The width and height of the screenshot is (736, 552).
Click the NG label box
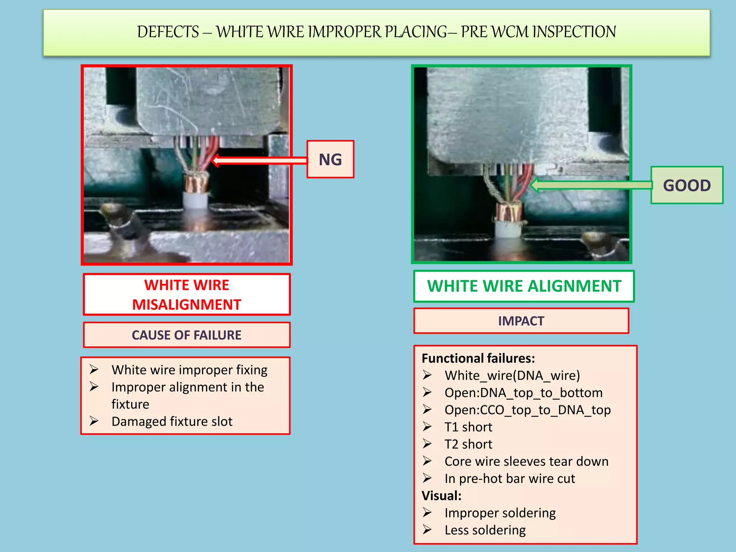pos(330,159)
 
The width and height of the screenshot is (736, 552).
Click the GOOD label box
pos(686,185)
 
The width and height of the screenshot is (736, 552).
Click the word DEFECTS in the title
pos(168,32)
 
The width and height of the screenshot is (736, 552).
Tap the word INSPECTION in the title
pos(574,32)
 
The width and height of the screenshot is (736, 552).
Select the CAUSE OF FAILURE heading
pos(187,335)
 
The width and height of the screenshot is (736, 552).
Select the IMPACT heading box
pos(521,321)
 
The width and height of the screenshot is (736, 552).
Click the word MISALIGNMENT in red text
pos(187,305)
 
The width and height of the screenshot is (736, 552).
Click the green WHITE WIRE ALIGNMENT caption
pos(524,286)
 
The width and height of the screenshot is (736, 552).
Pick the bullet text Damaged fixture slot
pos(172,422)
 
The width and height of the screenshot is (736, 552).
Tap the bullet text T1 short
pos(468,427)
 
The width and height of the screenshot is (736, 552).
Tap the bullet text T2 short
pos(468,445)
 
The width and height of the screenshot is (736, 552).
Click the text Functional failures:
pos(478,359)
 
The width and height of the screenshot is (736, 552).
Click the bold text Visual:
pos(441,496)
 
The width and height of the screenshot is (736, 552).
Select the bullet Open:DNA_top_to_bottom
pos(523,393)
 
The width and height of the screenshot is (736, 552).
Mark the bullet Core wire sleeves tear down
pos(526,462)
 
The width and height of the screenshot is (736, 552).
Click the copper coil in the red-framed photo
pos(196,183)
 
